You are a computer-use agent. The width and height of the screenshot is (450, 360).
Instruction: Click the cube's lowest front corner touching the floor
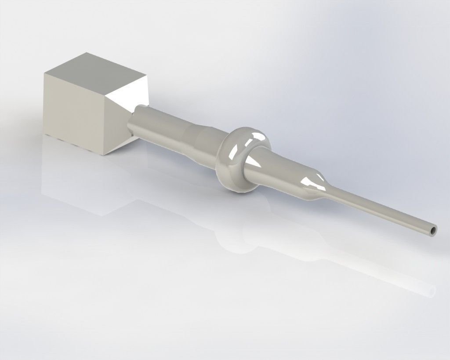click(x=105, y=155)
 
